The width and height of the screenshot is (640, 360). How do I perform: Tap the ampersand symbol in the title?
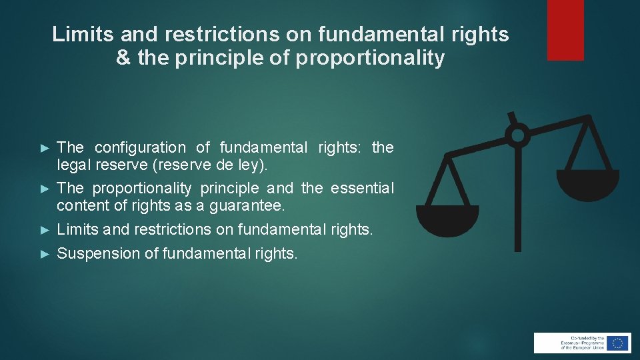[x=123, y=59]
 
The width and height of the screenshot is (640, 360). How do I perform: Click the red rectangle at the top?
[x=565, y=29]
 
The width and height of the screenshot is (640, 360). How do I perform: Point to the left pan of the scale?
[x=447, y=220]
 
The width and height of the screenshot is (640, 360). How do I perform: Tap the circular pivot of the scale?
[x=517, y=135]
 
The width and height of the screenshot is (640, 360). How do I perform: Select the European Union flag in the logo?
[x=617, y=343]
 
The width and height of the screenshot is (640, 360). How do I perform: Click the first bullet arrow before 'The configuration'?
[x=45, y=147]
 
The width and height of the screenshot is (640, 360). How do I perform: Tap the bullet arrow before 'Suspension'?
[x=45, y=254]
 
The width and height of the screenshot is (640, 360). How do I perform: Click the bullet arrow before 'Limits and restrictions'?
[x=45, y=230]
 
